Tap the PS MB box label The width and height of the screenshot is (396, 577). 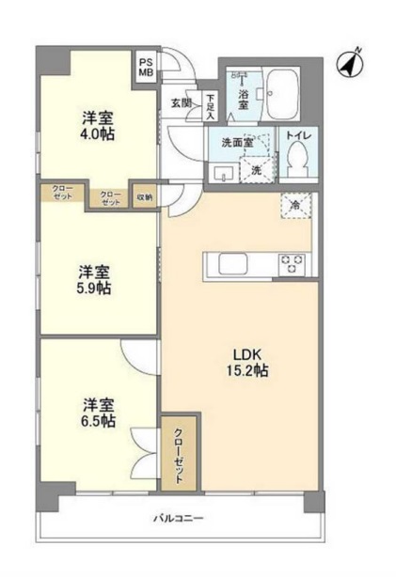click(x=146, y=69)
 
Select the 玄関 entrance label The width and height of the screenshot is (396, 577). click(x=181, y=102)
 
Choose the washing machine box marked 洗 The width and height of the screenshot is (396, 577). click(x=256, y=170)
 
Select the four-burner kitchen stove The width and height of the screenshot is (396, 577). click(x=290, y=264)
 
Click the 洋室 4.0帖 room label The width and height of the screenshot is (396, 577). click(x=97, y=127)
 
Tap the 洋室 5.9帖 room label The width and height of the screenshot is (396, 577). click(x=95, y=279)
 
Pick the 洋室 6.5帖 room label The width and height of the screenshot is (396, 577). click(x=99, y=413)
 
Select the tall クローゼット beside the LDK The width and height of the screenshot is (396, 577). click(x=179, y=450)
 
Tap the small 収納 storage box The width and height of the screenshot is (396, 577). click(x=144, y=197)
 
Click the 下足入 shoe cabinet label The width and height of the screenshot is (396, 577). click(x=211, y=102)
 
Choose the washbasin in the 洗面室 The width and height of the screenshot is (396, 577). click(x=224, y=173)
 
